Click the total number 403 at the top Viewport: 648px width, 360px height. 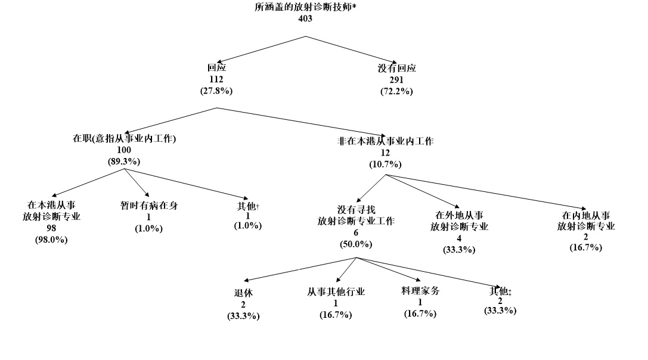coord(305,18)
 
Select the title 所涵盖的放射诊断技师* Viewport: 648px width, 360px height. coord(305,7)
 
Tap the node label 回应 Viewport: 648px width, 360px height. coord(216,68)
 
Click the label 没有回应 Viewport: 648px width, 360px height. coord(396,68)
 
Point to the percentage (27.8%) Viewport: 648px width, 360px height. coord(216,91)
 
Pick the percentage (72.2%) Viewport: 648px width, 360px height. coord(396,91)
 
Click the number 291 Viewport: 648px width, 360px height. coord(396,80)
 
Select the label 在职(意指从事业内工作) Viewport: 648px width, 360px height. coord(124,139)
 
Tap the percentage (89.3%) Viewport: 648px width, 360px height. coord(124,162)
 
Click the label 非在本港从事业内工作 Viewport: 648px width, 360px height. coord(385,142)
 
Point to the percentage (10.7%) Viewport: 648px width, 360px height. coord(385,165)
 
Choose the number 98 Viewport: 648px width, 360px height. coord(51,228)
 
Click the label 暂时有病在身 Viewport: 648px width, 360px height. coord(148,206)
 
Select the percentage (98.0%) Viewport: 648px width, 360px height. coord(51,240)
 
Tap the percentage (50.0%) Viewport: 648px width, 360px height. coord(356,244)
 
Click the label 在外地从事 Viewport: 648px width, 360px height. coord(459,215)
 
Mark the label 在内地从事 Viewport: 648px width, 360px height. coord(586,215)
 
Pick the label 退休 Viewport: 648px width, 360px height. coord(243,293)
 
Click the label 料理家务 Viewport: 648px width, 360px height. coord(420,291)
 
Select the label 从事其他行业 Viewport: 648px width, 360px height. coord(336,292)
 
